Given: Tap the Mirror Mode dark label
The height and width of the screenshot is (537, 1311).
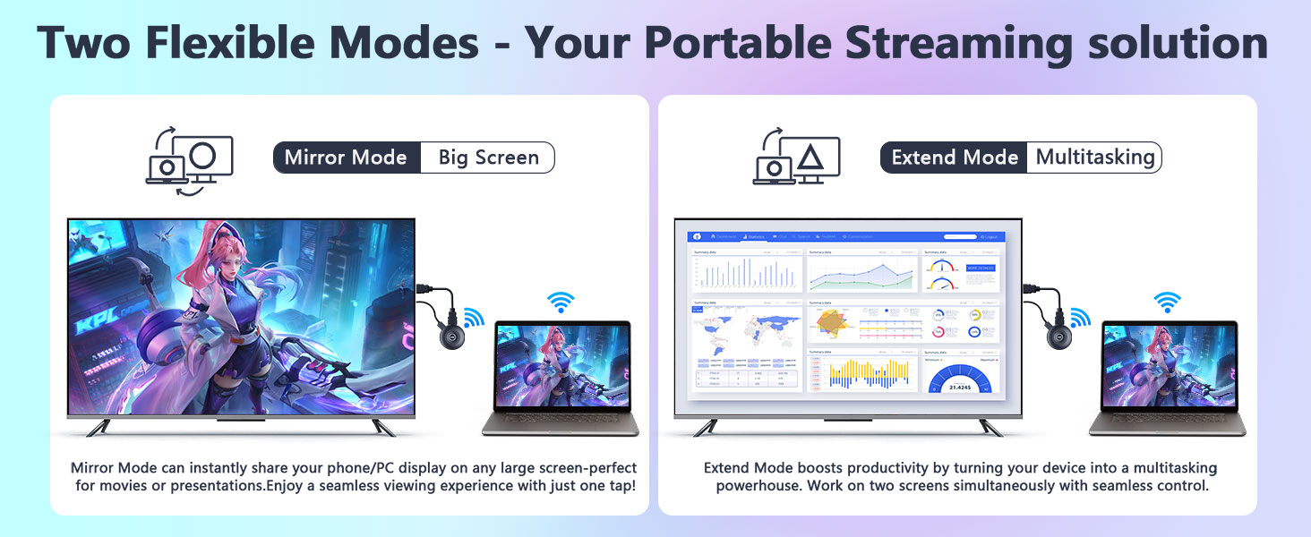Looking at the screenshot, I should (x=346, y=158).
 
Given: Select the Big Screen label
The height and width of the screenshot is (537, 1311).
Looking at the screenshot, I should (x=488, y=158).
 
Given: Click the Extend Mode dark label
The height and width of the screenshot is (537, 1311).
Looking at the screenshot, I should (x=955, y=158).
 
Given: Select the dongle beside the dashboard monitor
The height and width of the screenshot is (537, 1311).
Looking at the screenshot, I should (x=1059, y=339).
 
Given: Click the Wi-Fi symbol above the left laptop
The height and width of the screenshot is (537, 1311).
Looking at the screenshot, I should (x=561, y=303).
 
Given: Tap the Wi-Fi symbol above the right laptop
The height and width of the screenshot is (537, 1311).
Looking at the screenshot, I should (x=1167, y=303).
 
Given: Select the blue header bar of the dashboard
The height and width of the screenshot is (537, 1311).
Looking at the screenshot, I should (x=845, y=236).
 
